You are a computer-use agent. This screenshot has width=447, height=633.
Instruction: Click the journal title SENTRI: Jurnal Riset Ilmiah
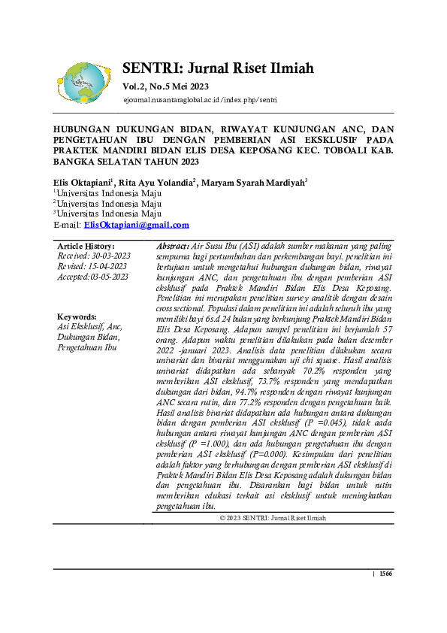(218, 69)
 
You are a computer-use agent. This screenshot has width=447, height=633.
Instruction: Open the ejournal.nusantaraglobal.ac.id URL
(201, 100)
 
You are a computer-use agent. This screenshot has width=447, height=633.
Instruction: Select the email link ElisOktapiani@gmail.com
(136, 225)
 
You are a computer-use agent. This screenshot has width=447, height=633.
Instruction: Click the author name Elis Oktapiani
(81, 183)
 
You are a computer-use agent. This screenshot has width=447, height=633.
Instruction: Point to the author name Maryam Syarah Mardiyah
(252, 183)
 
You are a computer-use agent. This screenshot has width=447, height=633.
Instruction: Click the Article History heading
(86, 247)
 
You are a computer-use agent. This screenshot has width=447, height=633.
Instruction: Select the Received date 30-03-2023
(92, 256)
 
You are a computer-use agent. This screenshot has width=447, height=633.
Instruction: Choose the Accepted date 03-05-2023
(92, 277)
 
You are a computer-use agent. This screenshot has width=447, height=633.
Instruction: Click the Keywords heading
(77, 317)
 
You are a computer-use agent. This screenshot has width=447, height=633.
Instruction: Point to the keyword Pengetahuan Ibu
(86, 347)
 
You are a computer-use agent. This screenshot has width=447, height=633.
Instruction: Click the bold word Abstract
(173, 247)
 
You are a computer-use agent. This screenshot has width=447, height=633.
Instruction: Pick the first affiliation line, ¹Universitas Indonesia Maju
(107, 193)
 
